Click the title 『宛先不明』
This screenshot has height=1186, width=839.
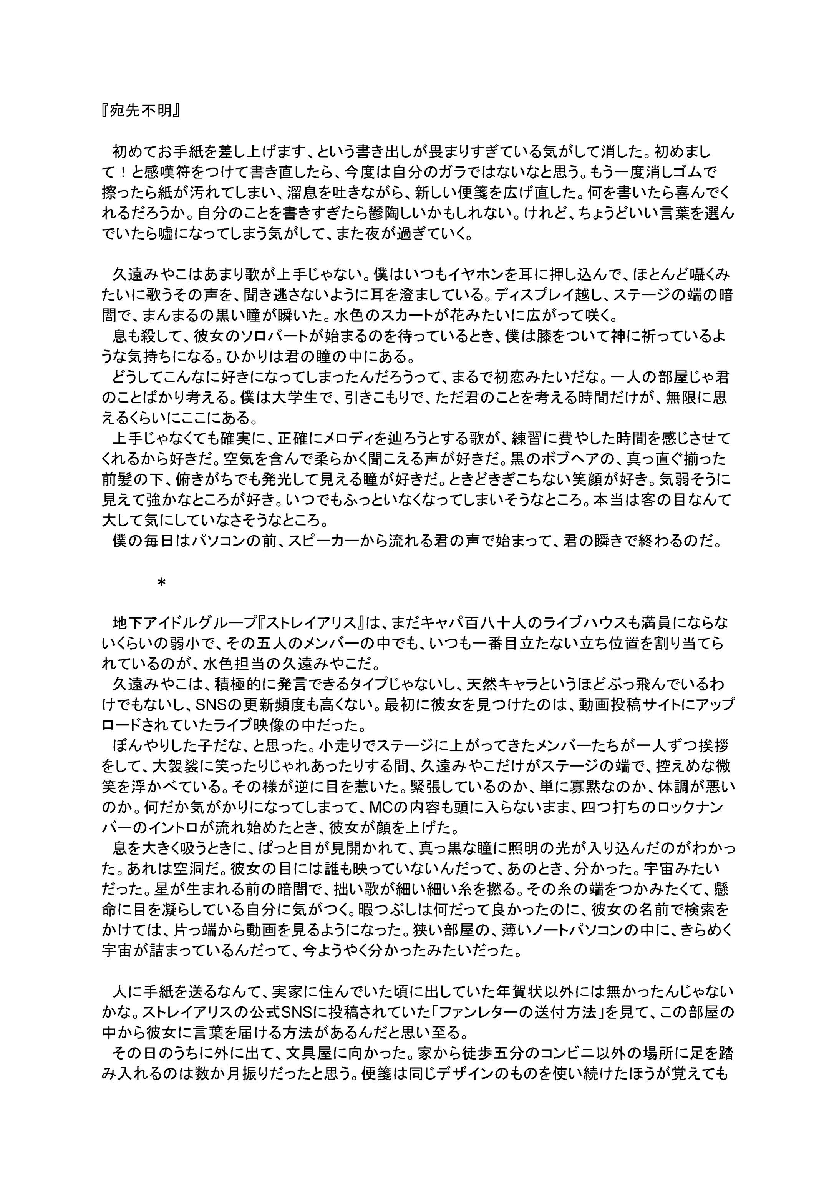[x=140, y=112]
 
